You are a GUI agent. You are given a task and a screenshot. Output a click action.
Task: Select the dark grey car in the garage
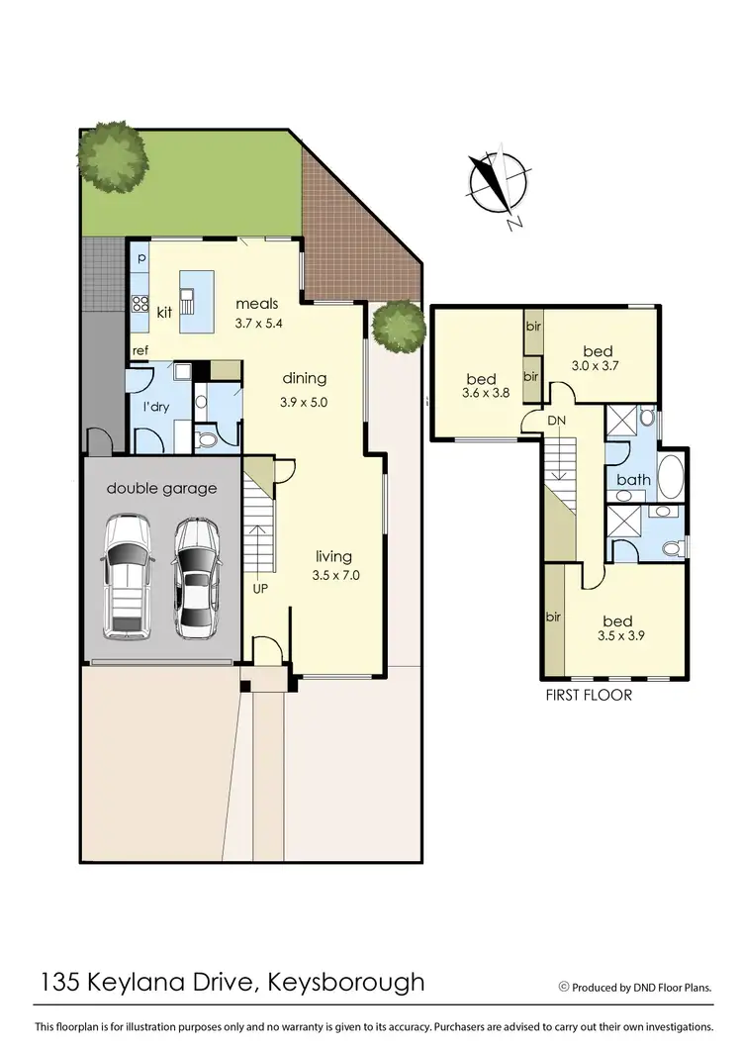[x=197, y=578]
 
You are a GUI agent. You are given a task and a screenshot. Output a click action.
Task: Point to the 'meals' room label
[x=256, y=304]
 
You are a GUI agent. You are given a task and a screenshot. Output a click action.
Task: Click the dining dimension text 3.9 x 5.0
[x=305, y=403]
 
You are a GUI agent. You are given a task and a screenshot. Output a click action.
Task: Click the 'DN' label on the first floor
[x=558, y=421]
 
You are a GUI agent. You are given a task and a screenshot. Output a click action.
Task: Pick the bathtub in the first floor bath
[x=671, y=477]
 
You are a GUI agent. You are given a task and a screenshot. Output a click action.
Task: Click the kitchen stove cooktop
[x=139, y=305]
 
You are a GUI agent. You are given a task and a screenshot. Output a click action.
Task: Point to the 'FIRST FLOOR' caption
[x=588, y=695]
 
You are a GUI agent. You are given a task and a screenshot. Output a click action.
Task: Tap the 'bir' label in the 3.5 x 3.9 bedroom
[x=553, y=617]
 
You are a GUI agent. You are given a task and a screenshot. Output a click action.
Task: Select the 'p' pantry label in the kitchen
[x=140, y=258]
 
